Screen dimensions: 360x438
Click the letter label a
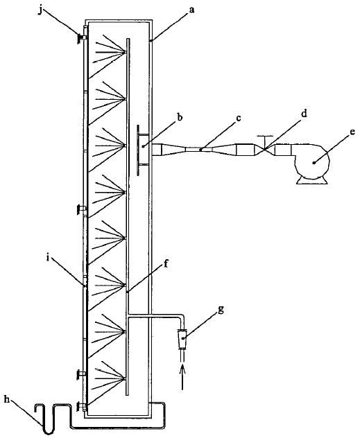pos(191,10)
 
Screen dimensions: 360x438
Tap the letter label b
pos(180,116)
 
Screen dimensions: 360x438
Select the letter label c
pos(238,119)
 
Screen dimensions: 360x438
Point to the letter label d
pos(304,114)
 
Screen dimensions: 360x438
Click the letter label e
pos(352,131)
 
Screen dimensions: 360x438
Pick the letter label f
pos(166,263)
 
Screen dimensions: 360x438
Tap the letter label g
pos(221,310)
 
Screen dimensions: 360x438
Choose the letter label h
pos(7,399)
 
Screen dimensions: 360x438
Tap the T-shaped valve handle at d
pos(265,140)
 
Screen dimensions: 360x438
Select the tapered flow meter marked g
pos(182,339)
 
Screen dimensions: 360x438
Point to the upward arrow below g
pos(182,377)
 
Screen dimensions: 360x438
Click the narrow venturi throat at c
pos(200,150)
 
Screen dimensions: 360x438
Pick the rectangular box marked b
pos(144,150)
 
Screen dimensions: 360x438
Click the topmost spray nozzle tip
pos(126,52)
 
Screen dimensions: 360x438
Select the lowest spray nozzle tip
pos(126,378)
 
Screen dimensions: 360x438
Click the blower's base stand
pos(312,181)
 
